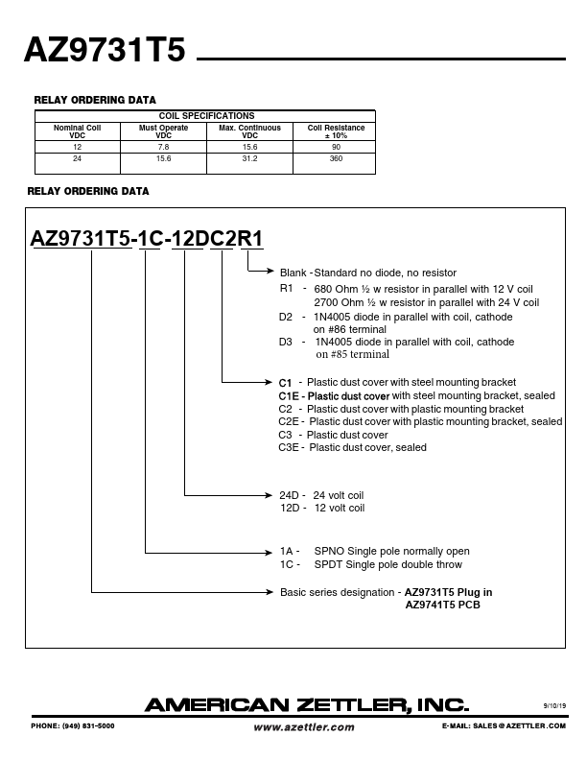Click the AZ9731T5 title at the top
pyautogui.click(x=104, y=50)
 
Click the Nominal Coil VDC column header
pyautogui.click(x=77, y=131)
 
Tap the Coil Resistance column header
pyautogui.click(x=335, y=131)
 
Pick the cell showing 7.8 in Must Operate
pyautogui.click(x=163, y=147)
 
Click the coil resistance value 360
pyautogui.click(x=336, y=157)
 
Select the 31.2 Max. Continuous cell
pyautogui.click(x=249, y=157)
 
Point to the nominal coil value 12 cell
pyautogui.click(x=77, y=147)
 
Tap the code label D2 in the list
pyautogui.click(x=286, y=317)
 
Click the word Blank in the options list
pyautogui.click(x=293, y=273)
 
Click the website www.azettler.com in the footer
pyautogui.click(x=303, y=727)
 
